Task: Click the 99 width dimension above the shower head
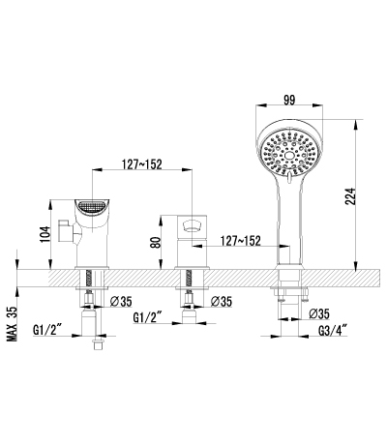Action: pyautogui.click(x=289, y=100)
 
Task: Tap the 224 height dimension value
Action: pyautogui.click(x=350, y=196)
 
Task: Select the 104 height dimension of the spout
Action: pyautogui.click(x=45, y=234)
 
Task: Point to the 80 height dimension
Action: pyautogui.click(x=156, y=242)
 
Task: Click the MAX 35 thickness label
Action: pyautogui.click(x=12, y=323)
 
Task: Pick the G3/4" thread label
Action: pyautogui.click(x=333, y=331)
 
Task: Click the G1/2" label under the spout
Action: pyautogui.click(x=47, y=330)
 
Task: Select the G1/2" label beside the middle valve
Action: pyautogui.click(x=147, y=317)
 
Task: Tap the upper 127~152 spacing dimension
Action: pyautogui.click(x=141, y=164)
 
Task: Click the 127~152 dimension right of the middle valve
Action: pyautogui.click(x=240, y=241)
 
